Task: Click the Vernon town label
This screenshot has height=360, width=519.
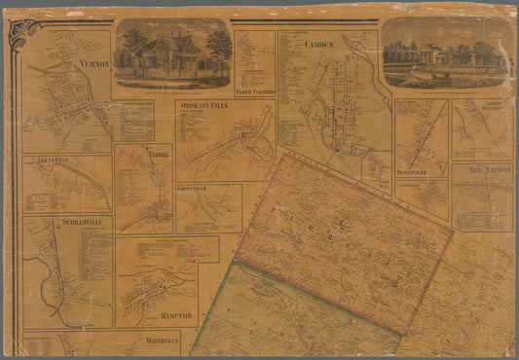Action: (x=91, y=62)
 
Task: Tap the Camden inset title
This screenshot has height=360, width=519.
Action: (x=318, y=45)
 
